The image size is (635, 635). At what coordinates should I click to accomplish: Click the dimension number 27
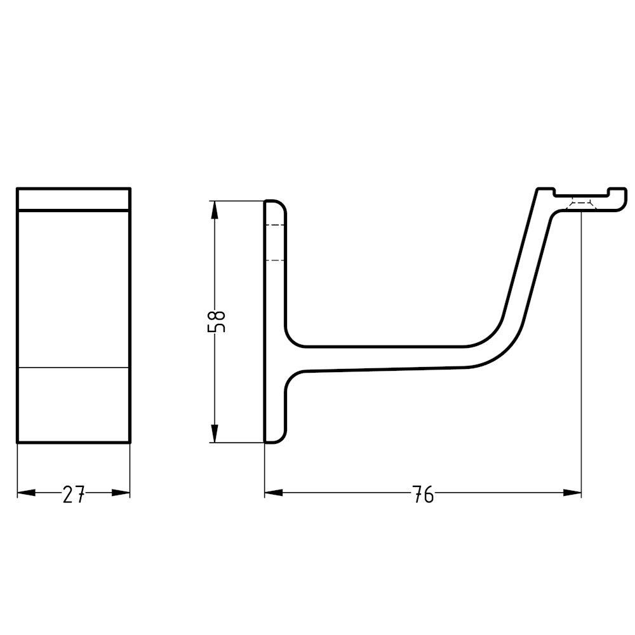74,494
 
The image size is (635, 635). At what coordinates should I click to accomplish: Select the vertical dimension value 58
217,321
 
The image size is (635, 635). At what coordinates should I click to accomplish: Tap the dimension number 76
423,494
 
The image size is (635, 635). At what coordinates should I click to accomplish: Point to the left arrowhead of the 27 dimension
25,493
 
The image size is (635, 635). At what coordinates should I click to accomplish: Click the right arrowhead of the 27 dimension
121,493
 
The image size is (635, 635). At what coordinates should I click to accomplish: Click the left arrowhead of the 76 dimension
274,493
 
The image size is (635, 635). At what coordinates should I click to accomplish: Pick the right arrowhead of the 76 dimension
573,493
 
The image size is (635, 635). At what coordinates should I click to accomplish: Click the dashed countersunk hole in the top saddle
582,203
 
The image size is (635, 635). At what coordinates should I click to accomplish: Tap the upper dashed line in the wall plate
274,225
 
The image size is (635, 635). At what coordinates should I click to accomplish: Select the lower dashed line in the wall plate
274,260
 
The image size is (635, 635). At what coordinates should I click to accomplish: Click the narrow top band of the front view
74,199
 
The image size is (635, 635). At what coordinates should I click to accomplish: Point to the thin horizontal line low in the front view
74,368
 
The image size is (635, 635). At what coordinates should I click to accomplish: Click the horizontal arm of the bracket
381,358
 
